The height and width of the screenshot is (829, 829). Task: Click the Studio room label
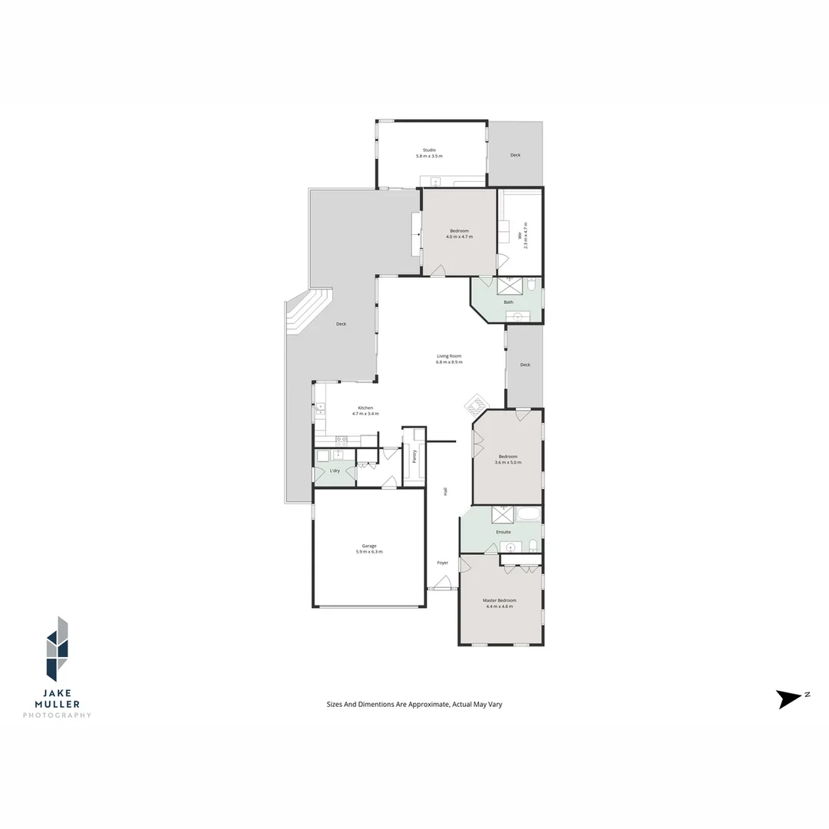point(429,150)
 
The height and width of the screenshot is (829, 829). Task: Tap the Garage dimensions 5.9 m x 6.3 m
point(369,552)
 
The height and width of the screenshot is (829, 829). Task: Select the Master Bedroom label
point(499,600)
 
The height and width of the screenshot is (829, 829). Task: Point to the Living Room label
point(449,356)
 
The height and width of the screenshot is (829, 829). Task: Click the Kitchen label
point(365,408)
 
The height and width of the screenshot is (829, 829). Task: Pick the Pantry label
point(414,457)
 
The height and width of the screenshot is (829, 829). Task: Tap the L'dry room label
point(335,471)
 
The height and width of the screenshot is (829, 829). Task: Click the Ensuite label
point(504,532)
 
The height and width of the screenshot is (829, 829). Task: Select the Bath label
point(508,302)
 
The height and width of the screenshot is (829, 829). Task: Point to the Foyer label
point(443,563)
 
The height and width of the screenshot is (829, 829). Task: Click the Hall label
point(444,492)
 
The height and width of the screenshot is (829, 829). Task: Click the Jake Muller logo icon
point(57,649)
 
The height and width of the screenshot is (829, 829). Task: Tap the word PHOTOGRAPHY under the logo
point(57,715)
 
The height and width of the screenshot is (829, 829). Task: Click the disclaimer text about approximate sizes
point(414,704)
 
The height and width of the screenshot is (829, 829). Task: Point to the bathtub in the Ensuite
point(530,514)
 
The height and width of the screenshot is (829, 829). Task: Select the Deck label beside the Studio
point(515,155)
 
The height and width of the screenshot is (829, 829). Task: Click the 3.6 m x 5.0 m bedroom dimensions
point(507,463)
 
